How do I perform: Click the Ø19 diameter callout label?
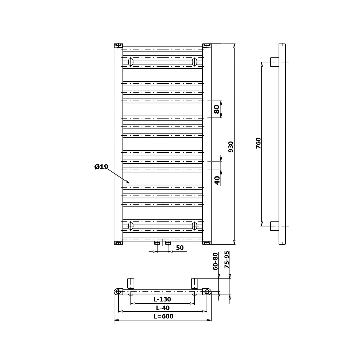(x=101, y=167)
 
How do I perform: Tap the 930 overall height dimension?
(x=231, y=147)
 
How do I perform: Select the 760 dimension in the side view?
(x=259, y=143)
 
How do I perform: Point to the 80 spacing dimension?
(x=217, y=109)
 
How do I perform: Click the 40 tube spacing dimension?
(x=217, y=180)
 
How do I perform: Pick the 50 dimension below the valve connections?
(x=180, y=248)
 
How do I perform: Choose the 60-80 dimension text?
(x=215, y=261)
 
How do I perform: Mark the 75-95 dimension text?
(x=227, y=260)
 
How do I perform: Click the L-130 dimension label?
(x=162, y=299)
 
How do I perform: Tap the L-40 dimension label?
(x=163, y=308)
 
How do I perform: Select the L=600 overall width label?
(x=163, y=316)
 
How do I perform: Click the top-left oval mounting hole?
(x=131, y=62)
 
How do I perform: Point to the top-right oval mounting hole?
(x=194, y=62)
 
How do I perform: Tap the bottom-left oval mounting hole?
(x=131, y=226)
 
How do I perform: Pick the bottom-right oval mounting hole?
(x=194, y=226)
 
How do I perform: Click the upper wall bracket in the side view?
(x=275, y=62)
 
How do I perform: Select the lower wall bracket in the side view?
(x=275, y=226)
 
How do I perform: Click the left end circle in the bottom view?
(x=118, y=292)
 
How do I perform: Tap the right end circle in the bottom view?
(x=207, y=292)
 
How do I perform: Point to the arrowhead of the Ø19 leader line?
(x=129, y=183)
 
